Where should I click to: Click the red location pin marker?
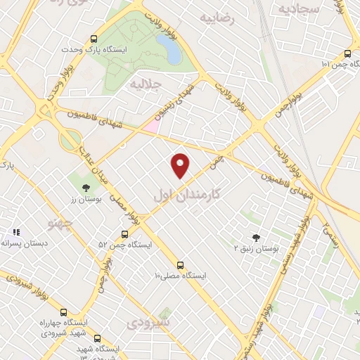click(x=181, y=165)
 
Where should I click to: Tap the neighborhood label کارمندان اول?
click(x=186, y=192)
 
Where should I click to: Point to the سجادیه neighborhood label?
click(x=298, y=8)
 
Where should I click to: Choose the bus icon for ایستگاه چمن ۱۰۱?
click(x=347, y=53)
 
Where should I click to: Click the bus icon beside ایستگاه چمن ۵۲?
click(x=124, y=234)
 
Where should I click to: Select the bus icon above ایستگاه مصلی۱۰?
click(x=181, y=265)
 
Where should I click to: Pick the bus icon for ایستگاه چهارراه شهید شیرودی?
click(x=64, y=312)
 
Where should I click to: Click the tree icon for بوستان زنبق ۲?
click(x=257, y=238)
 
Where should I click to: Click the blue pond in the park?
click(x=167, y=48)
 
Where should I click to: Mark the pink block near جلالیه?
click(x=152, y=126)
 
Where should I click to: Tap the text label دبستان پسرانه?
click(x=25, y=243)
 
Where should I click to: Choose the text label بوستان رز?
click(x=86, y=199)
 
